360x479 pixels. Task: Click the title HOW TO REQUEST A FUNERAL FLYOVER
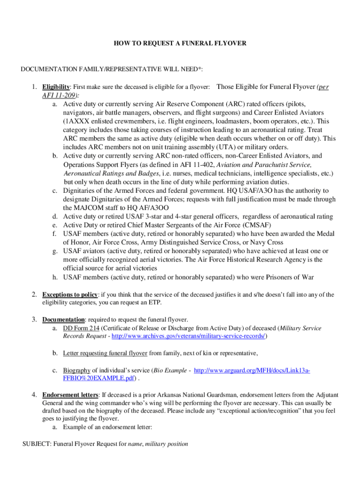(180, 44)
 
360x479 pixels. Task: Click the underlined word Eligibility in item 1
(56, 87)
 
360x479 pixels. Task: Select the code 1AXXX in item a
(76, 122)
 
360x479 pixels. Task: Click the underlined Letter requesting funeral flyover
(105, 353)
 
